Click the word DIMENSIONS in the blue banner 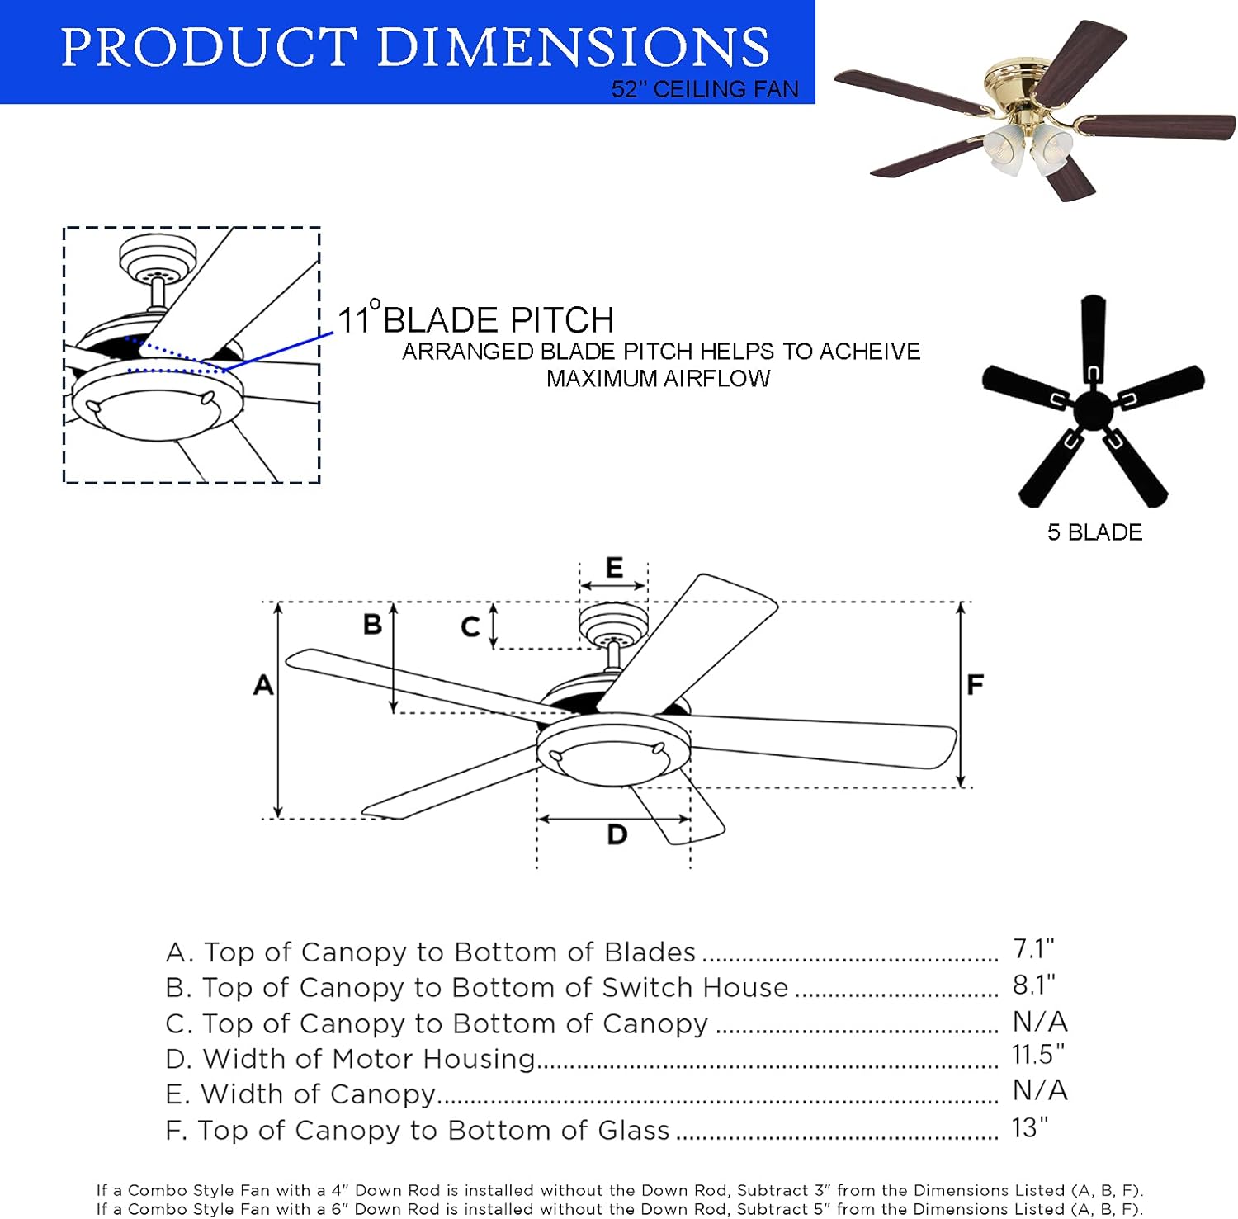tap(573, 47)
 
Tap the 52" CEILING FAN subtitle tap(705, 89)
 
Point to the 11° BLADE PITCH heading tap(476, 319)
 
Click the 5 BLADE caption tap(1094, 532)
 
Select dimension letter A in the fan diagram tap(263, 684)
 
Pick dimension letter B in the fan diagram tap(372, 624)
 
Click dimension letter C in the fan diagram tap(470, 627)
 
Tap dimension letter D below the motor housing tap(617, 835)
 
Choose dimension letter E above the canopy tap(614, 567)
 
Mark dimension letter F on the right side tap(975, 684)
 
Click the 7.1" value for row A tap(1033, 949)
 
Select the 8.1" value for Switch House tap(1033, 985)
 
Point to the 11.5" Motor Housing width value tap(1037, 1055)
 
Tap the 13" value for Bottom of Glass tap(1029, 1127)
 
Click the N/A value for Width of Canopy tap(1040, 1090)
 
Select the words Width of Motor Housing tap(369, 1059)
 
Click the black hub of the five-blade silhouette tap(1093, 409)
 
